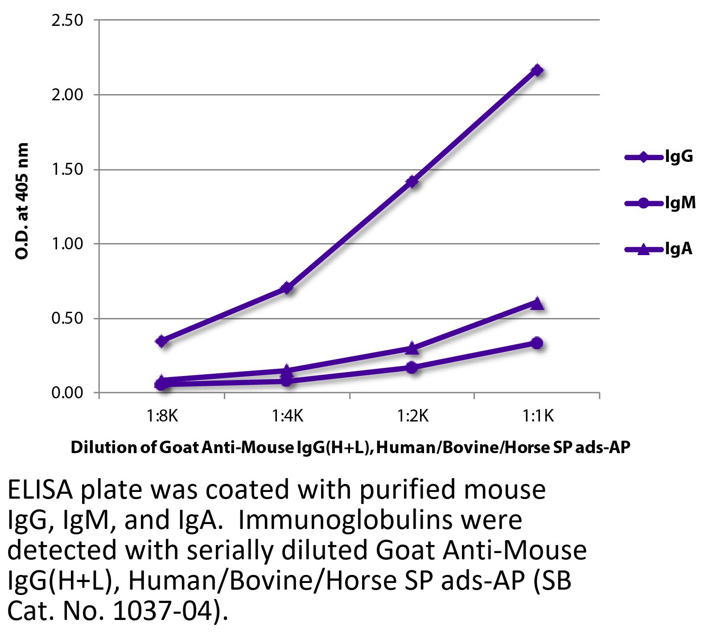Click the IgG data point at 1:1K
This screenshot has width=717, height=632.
point(537,70)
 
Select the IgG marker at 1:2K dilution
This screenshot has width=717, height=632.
point(412,182)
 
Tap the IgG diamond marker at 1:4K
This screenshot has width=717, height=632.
point(288,288)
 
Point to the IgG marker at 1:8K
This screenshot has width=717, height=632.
point(162,341)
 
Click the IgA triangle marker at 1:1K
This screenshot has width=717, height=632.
point(537,303)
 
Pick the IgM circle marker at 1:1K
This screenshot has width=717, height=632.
point(537,343)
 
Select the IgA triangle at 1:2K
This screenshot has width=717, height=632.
point(412,348)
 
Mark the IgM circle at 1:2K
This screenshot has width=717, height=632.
point(412,368)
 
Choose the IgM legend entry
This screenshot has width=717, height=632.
point(660,203)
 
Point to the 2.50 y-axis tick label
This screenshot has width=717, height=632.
point(67,21)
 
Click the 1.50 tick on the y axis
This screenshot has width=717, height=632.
point(67,170)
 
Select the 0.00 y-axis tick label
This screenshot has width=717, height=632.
point(67,393)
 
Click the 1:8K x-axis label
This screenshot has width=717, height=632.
point(162,417)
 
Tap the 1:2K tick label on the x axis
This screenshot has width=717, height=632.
point(412,417)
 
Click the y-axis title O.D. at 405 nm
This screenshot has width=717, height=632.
point(21,201)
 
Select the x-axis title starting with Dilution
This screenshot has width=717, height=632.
point(350,447)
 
